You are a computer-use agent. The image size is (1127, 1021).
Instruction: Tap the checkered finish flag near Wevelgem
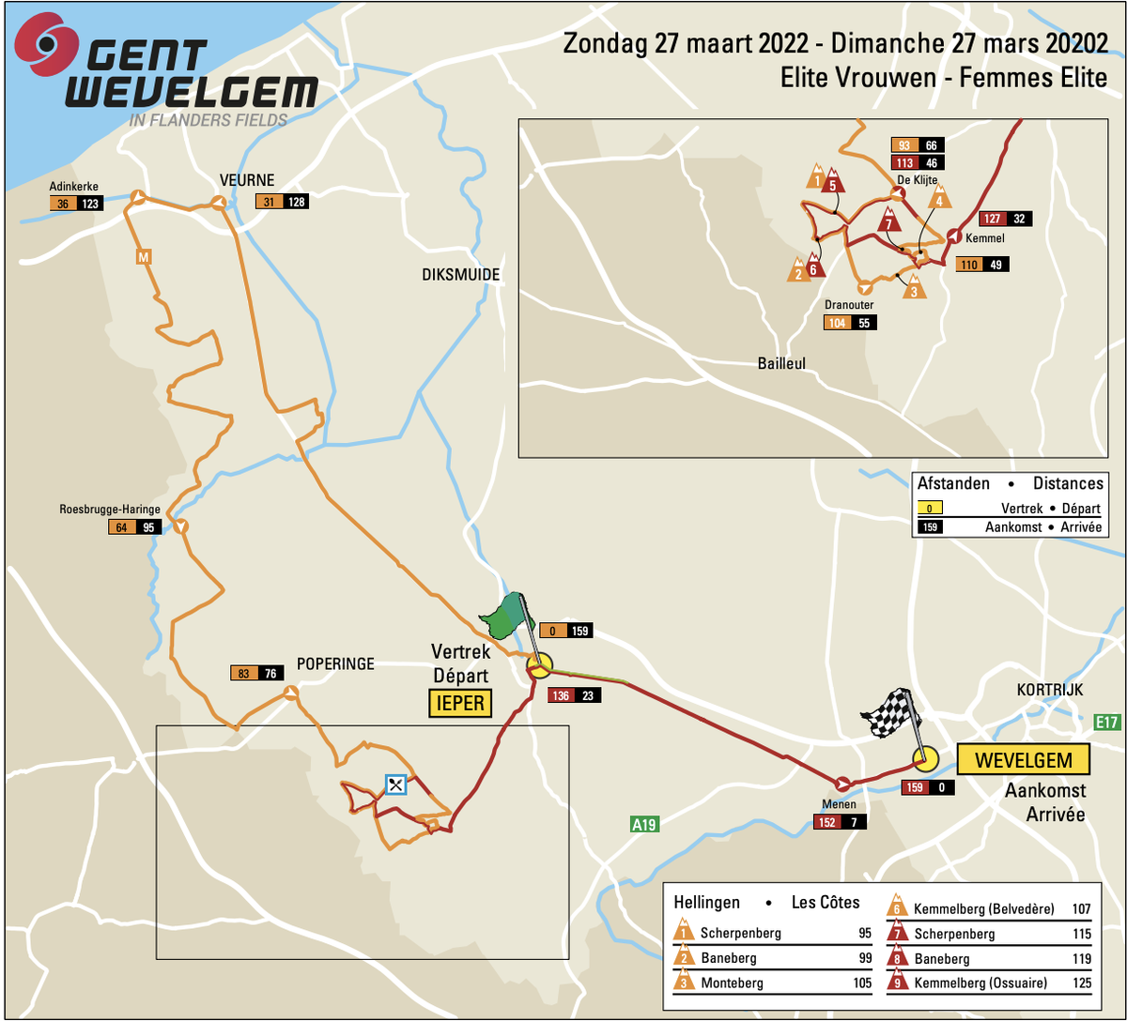[x=890, y=714]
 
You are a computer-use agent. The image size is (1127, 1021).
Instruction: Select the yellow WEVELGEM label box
[x=1022, y=760]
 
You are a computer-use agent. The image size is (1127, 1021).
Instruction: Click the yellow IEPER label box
[x=461, y=702]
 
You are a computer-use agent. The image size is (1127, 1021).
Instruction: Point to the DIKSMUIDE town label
[x=461, y=274]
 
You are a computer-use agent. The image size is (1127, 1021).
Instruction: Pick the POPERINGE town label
[x=335, y=663]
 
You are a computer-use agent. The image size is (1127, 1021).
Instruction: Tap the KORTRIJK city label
[x=1049, y=690]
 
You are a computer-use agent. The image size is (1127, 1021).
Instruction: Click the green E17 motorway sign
[x=1108, y=723]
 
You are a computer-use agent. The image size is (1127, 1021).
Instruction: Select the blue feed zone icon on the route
[x=396, y=784]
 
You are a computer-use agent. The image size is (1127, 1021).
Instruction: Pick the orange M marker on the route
[x=143, y=256]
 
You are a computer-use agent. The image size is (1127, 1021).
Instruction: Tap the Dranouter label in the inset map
[x=850, y=305]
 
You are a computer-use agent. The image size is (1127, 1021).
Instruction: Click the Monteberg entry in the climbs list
[x=732, y=983]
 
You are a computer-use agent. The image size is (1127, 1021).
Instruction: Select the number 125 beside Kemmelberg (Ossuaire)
[x=1080, y=983]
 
